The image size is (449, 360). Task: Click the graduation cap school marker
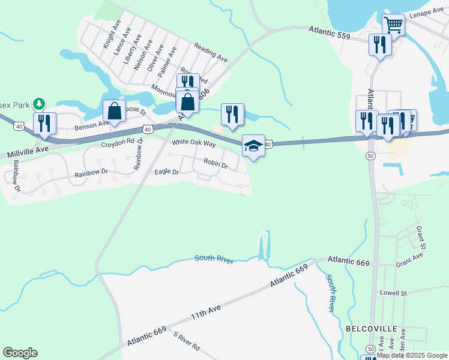[253, 146]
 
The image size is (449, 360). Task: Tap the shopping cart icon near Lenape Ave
[393, 25]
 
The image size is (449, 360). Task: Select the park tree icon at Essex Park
[40, 104]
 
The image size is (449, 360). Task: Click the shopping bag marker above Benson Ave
[113, 111]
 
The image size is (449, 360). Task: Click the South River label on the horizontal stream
[213, 259]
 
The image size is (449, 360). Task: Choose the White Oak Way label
[193, 143]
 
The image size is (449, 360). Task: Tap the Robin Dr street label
[215, 163]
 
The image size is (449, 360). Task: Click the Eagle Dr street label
[167, 172]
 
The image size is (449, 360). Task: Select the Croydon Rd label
[118, 143]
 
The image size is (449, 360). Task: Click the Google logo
[20, 353]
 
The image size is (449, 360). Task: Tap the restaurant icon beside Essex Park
[44, 123]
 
